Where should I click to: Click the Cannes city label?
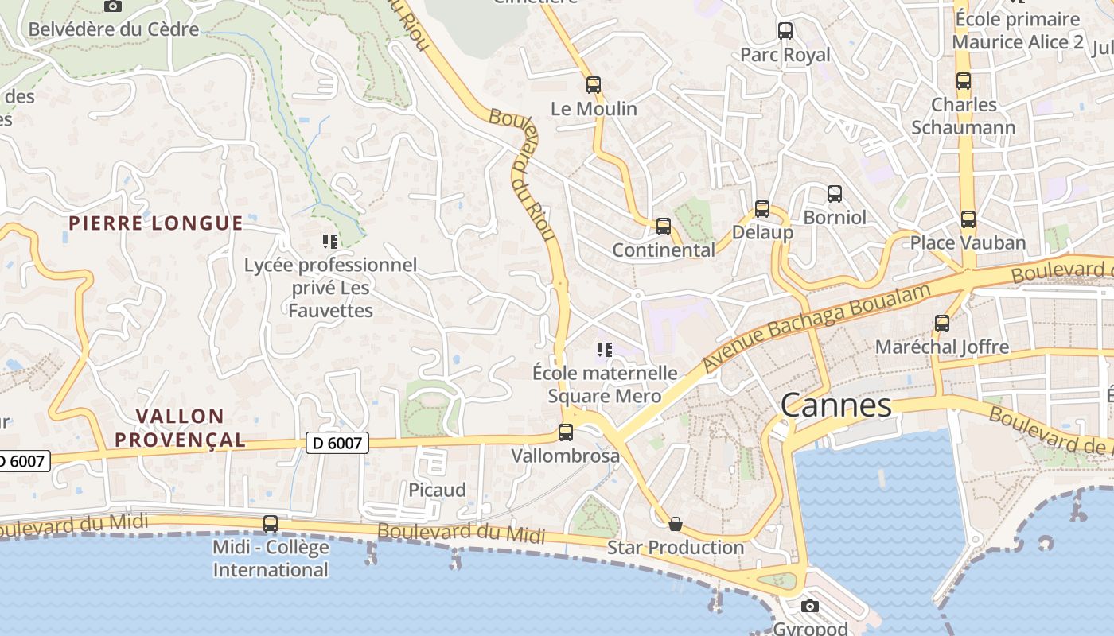(x=835, y=405)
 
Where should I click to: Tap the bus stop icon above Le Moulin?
(x=593, y=85)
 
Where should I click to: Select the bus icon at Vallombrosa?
(x=565, y=432)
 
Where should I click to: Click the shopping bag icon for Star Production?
(x=676, y=524)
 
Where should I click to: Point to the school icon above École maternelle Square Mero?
(x=604, y=349)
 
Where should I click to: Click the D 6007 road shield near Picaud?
(x=337, y=443)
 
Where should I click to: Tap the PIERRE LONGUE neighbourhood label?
(x=155, y=223)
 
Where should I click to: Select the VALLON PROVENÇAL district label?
(x=179, y=428)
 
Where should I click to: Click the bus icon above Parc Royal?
(x=785, y=31)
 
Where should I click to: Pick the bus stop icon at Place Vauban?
(x=968, y=219)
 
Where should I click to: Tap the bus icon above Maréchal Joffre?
(x=942, y=324)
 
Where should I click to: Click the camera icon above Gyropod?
(x=810, y=607)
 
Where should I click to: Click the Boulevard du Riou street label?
(x=524, y=175)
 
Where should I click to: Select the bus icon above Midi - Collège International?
(x=271, y=524)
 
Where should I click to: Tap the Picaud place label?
(x=437, y=490)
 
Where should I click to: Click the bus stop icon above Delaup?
(x=761, y=209)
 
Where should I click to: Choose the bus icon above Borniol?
(x=834, y=193)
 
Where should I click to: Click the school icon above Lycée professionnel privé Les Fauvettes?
(x=330, y=241)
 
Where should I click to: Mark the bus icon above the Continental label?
(x=663, y=227)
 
